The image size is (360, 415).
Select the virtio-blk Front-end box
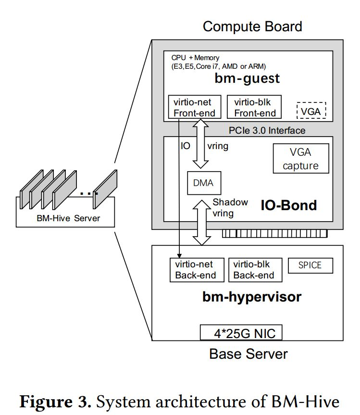[x=254, y=107]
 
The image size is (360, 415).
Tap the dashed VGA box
[x=311, y=110]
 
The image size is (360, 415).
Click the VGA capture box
[x=300, y=159]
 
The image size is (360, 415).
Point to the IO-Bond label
[x=288, y=206]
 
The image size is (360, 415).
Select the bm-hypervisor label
[x=251, y=297]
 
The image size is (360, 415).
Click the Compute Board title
[x=252, y=26]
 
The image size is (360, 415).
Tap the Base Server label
[x=248, y=354]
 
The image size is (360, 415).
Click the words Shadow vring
[x=230, y=207]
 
